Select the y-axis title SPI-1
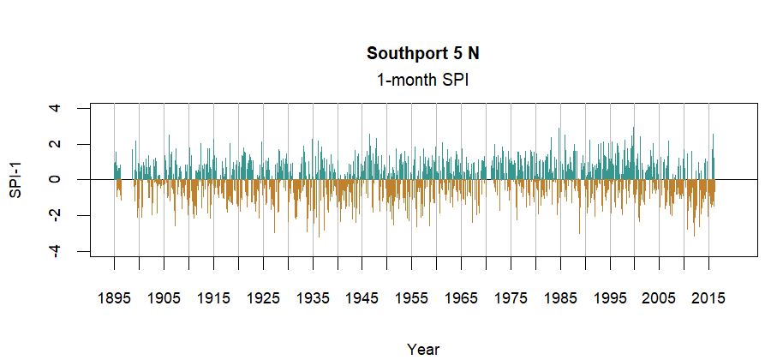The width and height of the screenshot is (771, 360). (x=15, y=180)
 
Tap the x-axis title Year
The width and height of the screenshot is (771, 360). (x=423, y=349)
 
